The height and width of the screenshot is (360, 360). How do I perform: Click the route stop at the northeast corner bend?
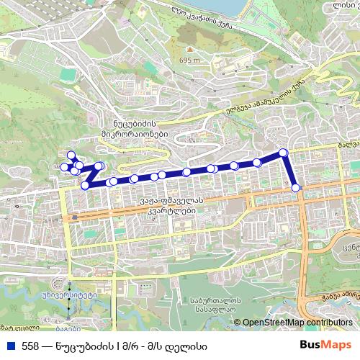284,152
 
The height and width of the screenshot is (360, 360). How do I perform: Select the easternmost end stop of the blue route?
297,188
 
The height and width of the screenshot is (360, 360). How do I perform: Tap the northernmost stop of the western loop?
71,154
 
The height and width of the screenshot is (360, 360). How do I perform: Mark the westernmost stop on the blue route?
64,168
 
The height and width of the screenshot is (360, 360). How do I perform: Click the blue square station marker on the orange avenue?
73,216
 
